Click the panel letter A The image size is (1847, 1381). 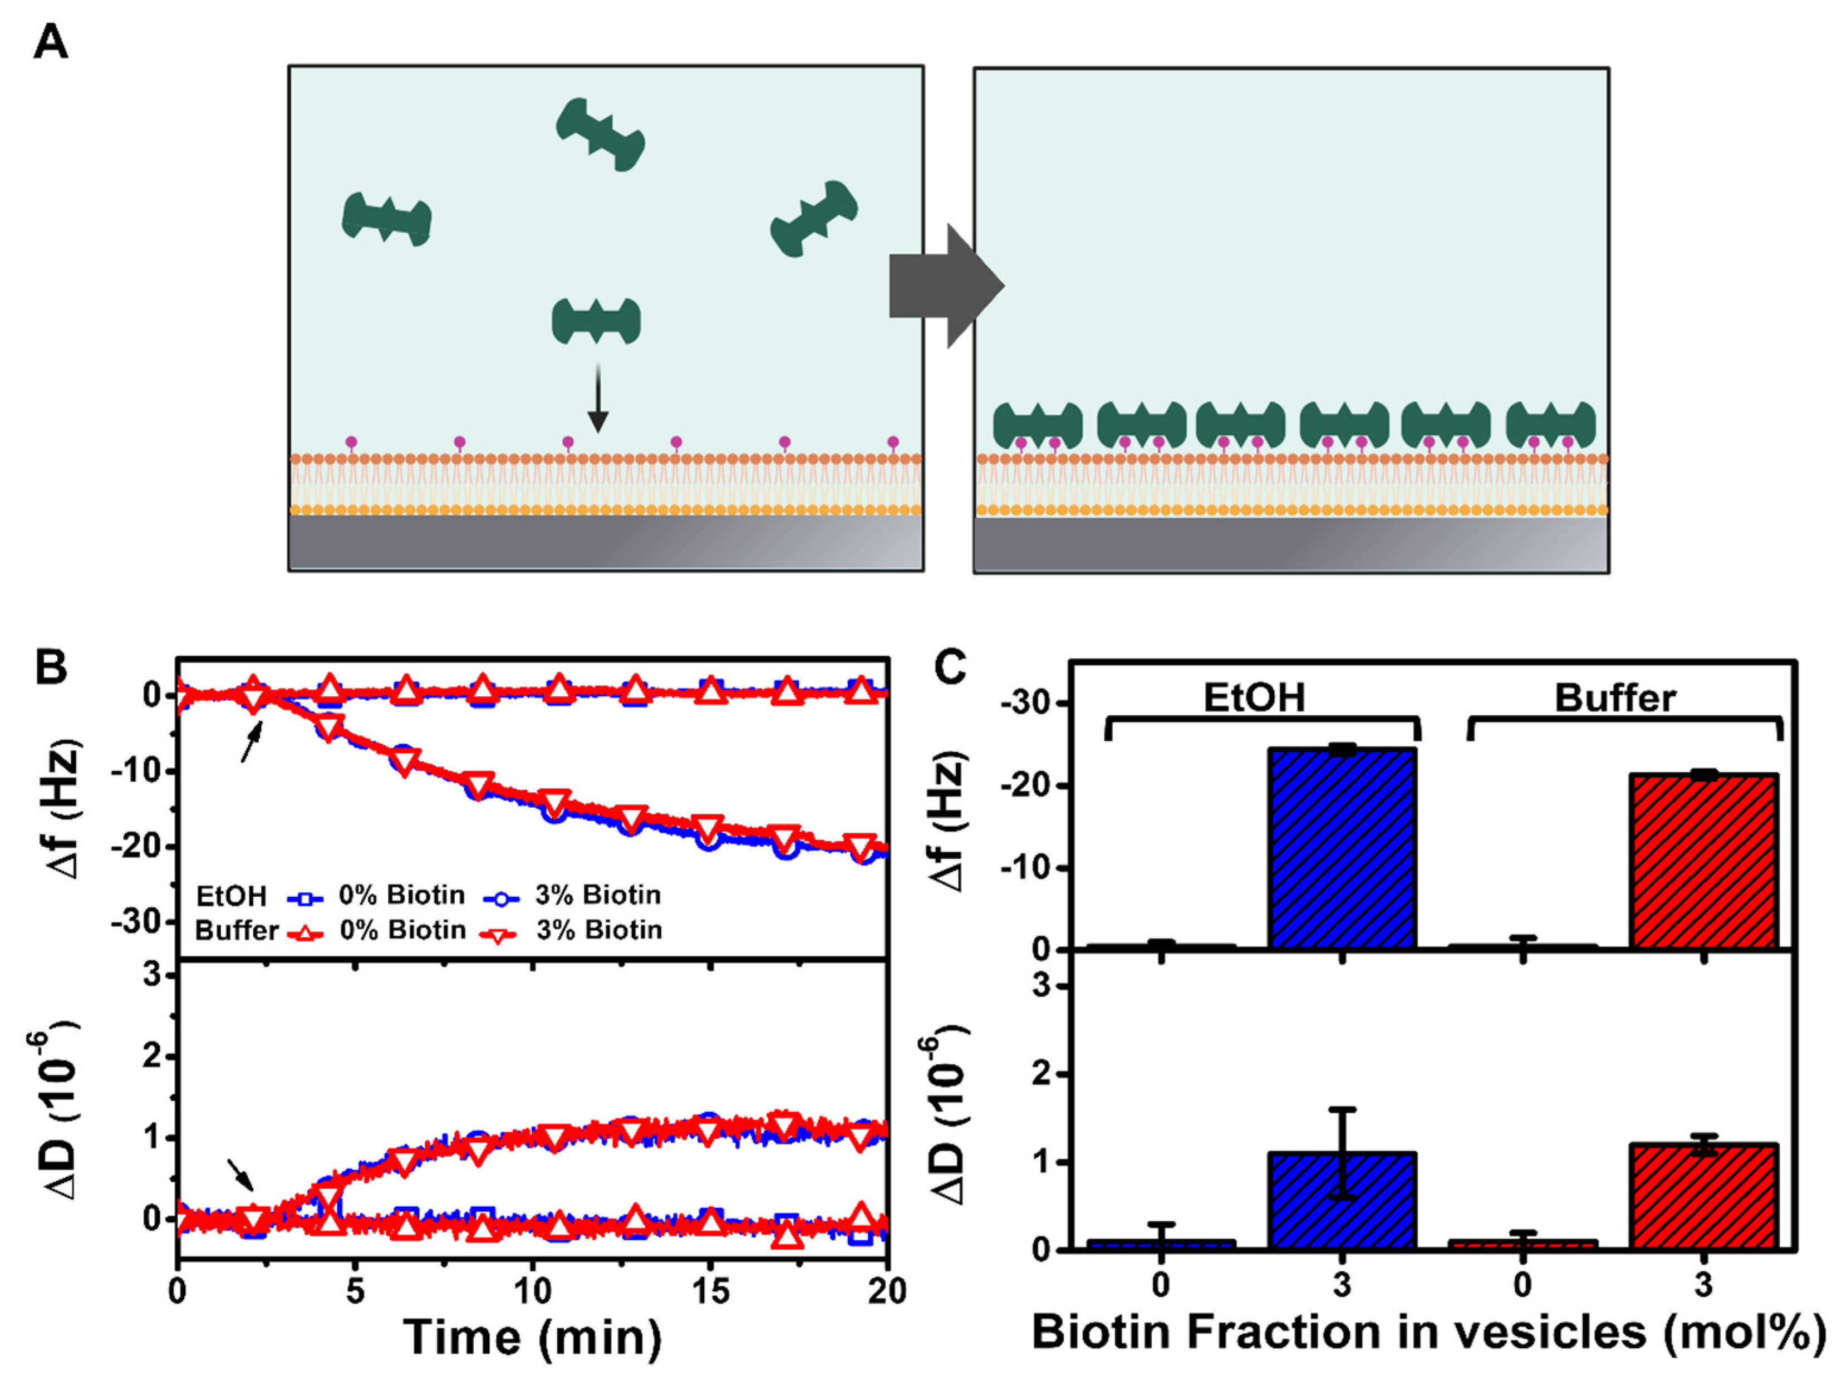click(50, 42)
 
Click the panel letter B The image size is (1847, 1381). click(52, 668)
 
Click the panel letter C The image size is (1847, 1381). click(950, 668)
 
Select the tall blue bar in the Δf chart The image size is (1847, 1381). click(1341, 847)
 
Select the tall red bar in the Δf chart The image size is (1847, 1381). click(1703, 861)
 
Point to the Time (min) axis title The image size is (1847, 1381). click(532, 1337)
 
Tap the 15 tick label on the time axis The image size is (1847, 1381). click(710, 1291)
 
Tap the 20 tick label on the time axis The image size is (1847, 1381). click(887, 1291)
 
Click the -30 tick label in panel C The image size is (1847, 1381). click(1025, 704)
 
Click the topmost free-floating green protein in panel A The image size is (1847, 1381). click(600, 134)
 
